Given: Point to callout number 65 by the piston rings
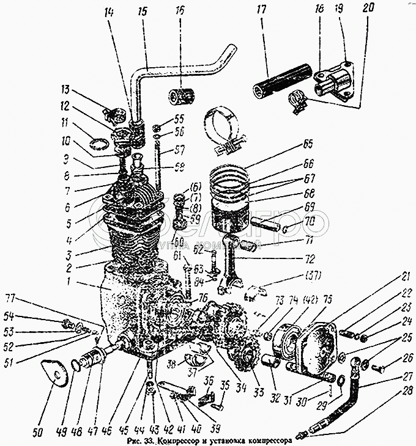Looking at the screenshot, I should (307, 145).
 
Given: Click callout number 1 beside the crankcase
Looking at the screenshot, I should (71, 283).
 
